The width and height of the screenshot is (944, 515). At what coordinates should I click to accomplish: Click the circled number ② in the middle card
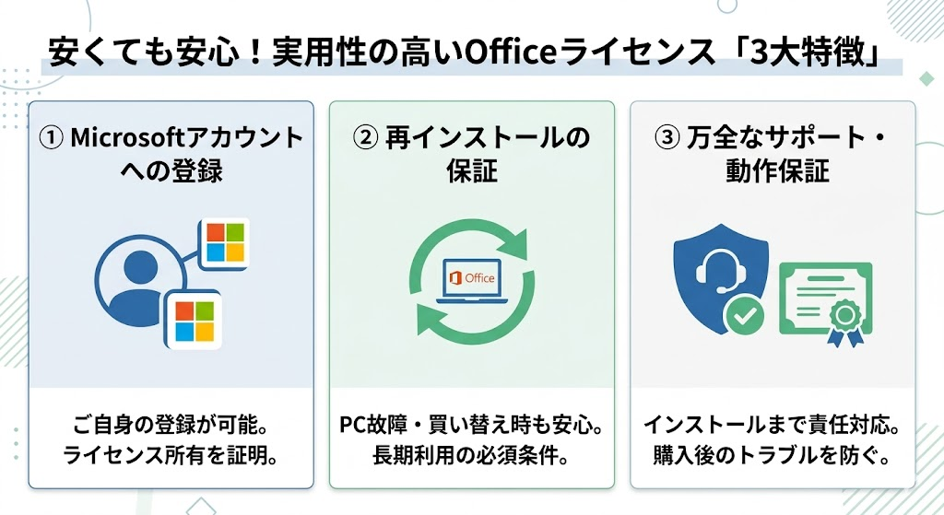(366, 138)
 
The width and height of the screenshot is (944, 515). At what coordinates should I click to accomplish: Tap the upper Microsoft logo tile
(225, 243)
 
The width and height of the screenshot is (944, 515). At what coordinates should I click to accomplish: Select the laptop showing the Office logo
(470, 281)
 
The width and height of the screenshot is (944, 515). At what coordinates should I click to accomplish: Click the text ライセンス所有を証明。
(170, 455)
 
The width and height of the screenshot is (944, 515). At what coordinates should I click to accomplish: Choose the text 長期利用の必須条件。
(470, 455)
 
